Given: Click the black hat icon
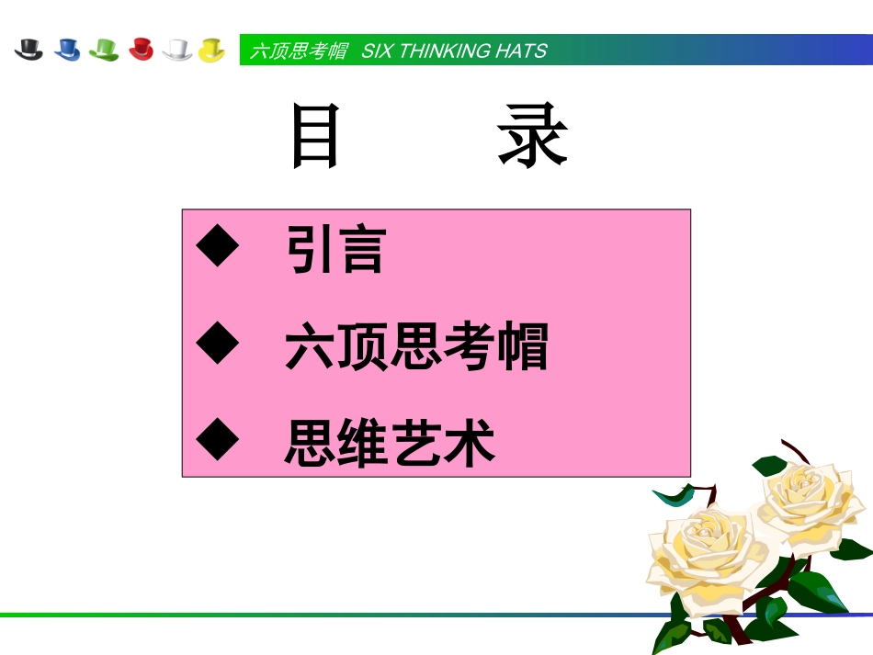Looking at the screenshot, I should click(29, 50).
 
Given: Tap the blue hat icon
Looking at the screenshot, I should click(67, 50).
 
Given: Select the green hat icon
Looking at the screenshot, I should click(104, 50).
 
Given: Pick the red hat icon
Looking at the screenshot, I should click(141, 50).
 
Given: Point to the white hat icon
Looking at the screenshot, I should click(176, 50).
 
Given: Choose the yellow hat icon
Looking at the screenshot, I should click(212, 50).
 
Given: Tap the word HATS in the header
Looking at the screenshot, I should click(520, 51).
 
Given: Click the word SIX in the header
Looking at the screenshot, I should click(377, 51).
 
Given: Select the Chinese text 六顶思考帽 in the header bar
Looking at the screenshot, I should click(299, 51).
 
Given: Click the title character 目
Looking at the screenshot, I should click(315, 136).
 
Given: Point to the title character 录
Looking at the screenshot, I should click(533, 136).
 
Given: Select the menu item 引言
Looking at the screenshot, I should click(335, 250).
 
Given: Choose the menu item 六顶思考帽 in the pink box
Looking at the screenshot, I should click(416, 347).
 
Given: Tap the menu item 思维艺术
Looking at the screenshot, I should click(391, 443).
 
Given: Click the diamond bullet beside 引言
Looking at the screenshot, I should click(218, 248).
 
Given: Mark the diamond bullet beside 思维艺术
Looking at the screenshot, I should click(218, 441).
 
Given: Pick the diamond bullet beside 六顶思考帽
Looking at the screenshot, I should click(218, 344).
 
